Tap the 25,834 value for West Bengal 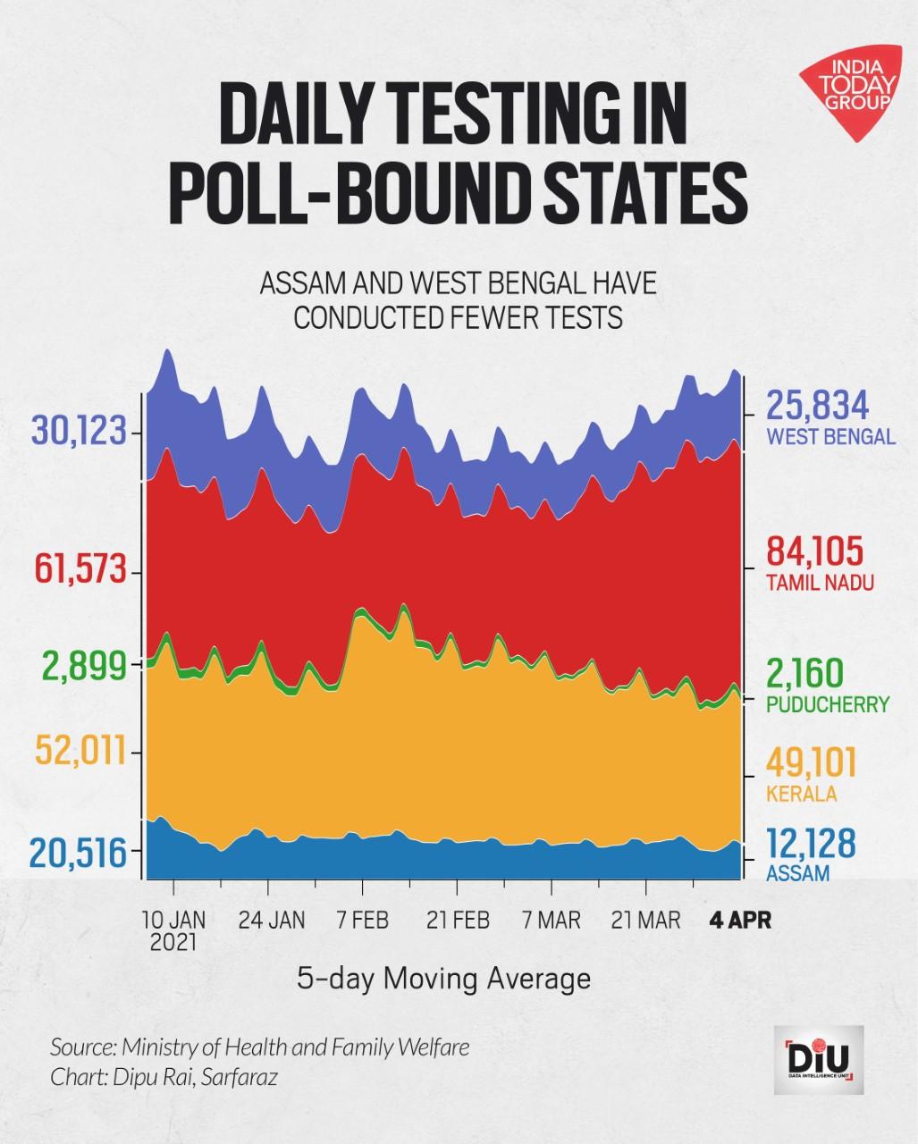[817, 407]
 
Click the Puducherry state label [828, 704]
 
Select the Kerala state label [801, 794]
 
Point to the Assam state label [797, 873]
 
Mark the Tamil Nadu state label [820, 583]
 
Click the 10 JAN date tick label [173, 920]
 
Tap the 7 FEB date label [362, 920]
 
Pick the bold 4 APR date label [739, 920]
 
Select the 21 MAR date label [644, 920]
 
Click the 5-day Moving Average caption [443, 979]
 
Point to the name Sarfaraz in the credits [239, 1077]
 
